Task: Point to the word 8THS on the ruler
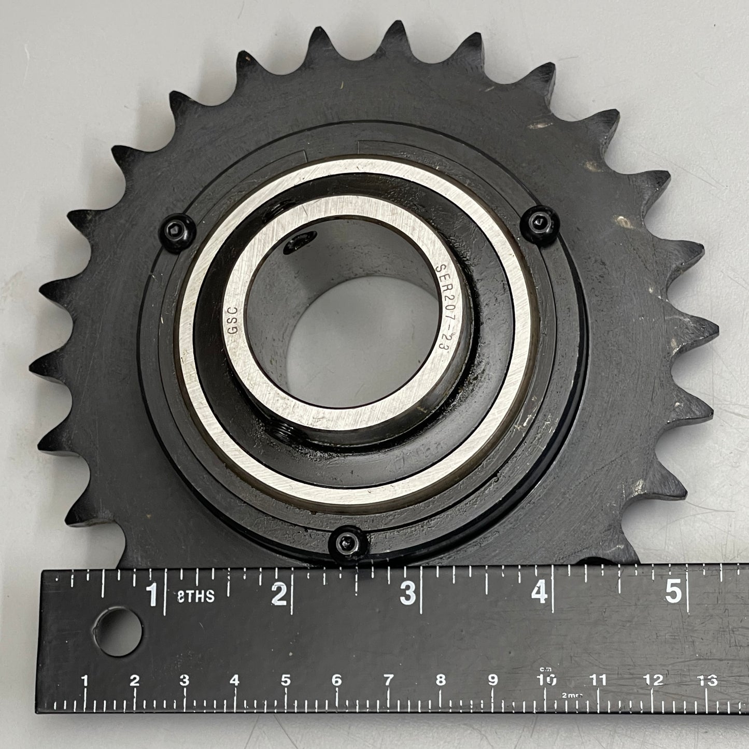[x=196, y=596]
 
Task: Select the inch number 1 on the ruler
[x=152, y=594]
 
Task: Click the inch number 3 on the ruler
[x=408, y=593]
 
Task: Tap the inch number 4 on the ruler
[x=539, y=592]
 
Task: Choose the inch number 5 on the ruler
[x=673, y=591]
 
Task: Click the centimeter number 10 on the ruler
[x=547, y=690]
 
